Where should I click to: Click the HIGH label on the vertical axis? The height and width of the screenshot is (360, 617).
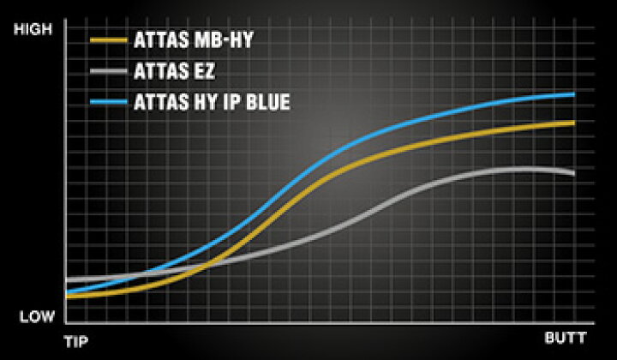[33, 29]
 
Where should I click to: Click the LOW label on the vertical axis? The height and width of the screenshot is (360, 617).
[37, 317]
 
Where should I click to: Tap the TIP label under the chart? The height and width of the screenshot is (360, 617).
[76, 341]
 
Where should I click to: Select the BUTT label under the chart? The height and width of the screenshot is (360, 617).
[566, 338]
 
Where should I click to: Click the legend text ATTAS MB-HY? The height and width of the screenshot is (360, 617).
[193, 39]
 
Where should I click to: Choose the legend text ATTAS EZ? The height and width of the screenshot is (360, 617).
[174, 71]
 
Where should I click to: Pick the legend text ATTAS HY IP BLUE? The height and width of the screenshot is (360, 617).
[212, 102]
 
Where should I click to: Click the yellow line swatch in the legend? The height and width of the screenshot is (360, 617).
[109, 39]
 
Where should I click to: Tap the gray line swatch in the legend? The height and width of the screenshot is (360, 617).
[109, 71]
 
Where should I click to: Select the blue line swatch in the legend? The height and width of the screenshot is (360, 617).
[109, 102]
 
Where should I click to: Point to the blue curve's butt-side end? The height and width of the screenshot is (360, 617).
[574, 94]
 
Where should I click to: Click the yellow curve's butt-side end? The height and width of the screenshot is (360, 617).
[574, 123]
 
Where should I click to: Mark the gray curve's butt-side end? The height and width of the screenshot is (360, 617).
[574, 173]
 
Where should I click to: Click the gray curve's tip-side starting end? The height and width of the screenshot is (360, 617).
[67, 279]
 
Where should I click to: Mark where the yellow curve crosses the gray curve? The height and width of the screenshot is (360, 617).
[207, 265]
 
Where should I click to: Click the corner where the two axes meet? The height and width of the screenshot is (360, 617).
[65, 323]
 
